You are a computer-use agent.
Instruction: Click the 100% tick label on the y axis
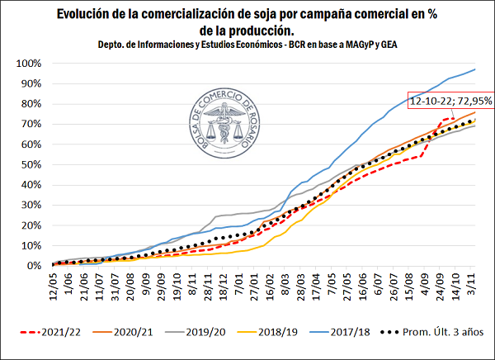pyautogui.click(x=30, y=64)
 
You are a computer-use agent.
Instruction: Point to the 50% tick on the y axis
pyautogui.click(x=32, y=164)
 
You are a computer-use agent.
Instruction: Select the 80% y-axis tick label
pyautogui.click(x=32, y=104)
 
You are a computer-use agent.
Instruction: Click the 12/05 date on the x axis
pyautogui.click(x=54, y=284)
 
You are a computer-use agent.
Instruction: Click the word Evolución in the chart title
pyautogui.click(x=89, y=14)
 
